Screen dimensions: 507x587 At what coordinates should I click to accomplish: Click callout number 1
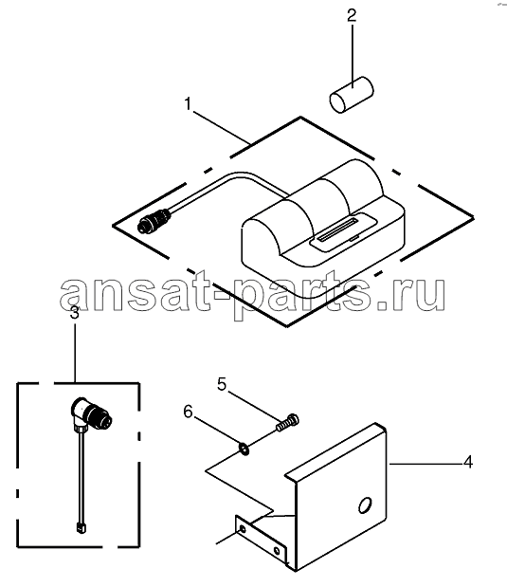coord(188,103)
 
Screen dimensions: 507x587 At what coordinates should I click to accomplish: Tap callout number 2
coord(352,16)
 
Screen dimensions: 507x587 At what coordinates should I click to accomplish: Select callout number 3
coord(75,312)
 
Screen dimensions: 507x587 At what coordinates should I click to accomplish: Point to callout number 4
coord(468,462)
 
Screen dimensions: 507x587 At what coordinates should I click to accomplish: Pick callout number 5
coord(222,384)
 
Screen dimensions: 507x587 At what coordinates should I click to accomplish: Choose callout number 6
coord(188,412)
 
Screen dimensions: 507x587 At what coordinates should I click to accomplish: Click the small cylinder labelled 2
coord(352,95)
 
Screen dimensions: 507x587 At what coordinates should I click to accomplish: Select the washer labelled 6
coord(244,449)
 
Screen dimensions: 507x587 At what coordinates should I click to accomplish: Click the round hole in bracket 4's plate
coord(365,505)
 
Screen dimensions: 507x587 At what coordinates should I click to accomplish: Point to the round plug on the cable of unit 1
coord(154,221)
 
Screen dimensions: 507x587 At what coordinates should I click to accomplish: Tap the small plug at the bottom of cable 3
coord(81,527)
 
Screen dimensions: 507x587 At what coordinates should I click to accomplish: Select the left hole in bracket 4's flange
coord(243,529)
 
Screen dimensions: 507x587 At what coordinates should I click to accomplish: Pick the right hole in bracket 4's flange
coord(276,551)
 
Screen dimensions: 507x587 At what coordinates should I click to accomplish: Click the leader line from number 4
coord(426,464)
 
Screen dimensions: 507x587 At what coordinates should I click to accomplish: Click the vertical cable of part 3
coord(81,477)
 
